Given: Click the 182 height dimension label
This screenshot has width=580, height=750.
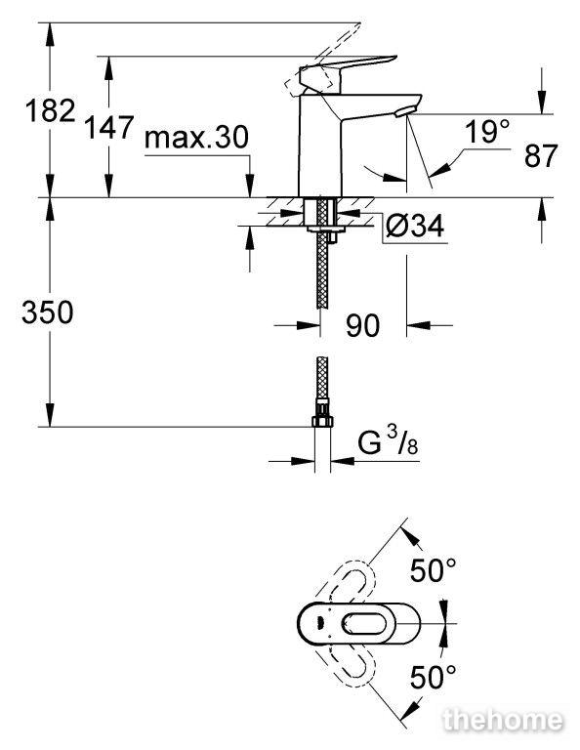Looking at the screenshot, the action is pos(50,111).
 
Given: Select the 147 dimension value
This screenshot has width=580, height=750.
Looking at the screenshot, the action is pos(109,128).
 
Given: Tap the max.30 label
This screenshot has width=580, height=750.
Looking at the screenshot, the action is pos(196,138).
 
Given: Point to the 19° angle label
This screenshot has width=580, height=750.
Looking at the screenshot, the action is pos(487,132).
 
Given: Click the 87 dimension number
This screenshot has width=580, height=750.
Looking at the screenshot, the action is pos(541,155).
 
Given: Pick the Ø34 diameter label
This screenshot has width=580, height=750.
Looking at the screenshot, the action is pos(414,226).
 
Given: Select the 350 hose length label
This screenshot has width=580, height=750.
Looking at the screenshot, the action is pos(47,312).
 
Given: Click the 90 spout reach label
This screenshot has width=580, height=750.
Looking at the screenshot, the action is pos(363,325).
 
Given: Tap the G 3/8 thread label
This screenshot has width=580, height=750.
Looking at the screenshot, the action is pos(388,442).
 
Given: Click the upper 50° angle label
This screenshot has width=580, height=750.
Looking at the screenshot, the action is pos(434,570).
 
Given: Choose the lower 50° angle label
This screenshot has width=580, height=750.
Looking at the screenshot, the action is pos(434,678).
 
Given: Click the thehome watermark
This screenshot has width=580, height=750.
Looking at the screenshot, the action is pos(503,721).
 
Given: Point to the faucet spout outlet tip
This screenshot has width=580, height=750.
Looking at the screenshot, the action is pos(403,112).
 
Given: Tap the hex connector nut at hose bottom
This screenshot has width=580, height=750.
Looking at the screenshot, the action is pos(322,421).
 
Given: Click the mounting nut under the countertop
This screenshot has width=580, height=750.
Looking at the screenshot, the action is pos(326,230).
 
